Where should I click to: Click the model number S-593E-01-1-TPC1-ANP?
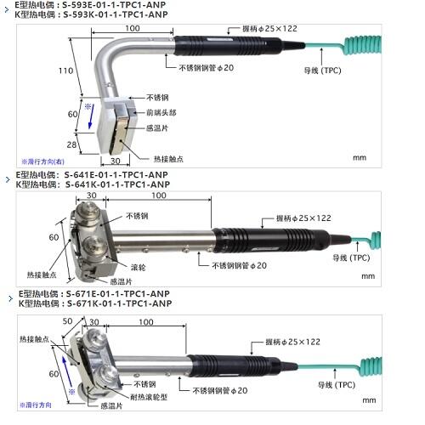[x=114, y=5]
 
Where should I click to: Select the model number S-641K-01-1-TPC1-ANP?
[x=117, y=184]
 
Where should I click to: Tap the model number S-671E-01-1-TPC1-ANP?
[x=118, y=294]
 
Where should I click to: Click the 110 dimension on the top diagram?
[x=65, y=71]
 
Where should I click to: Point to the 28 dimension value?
[x=71, y=144]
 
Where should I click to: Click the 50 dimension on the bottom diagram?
[x=67, y=321]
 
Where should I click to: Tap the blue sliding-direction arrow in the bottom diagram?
[x=67, y=371]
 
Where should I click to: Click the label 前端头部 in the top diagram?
[x=161, y=113]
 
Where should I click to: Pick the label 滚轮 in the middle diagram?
[x=139, y=267]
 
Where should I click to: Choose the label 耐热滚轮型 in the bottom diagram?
[x=149, y=397]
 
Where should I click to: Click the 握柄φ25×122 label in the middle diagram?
[x=303, y=218]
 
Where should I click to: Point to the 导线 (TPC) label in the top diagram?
[x=322, y=71]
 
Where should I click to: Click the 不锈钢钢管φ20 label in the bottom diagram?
[x=220, y=391]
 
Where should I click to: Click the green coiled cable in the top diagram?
[x=362, y=45]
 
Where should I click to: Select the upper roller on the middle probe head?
[x=88, y=212]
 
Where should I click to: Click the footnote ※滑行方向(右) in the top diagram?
[x=43, y=161]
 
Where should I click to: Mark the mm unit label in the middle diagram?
[x=368, y=276]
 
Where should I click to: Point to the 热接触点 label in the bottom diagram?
[x=34, y=339]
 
